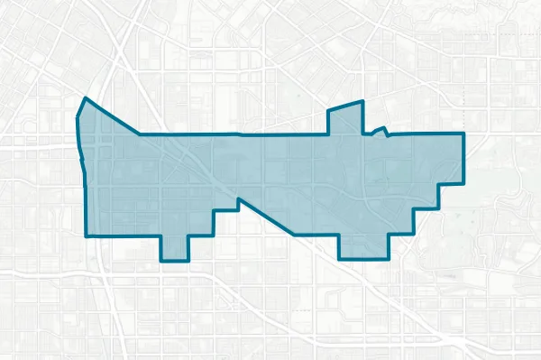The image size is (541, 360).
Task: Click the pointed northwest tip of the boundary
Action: click(84, 97)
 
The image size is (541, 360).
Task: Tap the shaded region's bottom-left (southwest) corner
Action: click(87, 236)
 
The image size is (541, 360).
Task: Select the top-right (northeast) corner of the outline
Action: click(463, 134)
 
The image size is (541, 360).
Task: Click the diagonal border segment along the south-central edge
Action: click(266, 217)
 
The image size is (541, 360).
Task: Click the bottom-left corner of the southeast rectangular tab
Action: click(339, 259)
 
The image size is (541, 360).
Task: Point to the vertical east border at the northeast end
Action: click(463, 158)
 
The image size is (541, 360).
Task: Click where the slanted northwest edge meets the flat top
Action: click(140, 134)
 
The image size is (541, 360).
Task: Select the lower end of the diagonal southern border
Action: click(293, 235)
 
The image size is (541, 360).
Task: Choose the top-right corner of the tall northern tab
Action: click(361, 101)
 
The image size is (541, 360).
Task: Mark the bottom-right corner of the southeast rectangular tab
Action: click(388, 259)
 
